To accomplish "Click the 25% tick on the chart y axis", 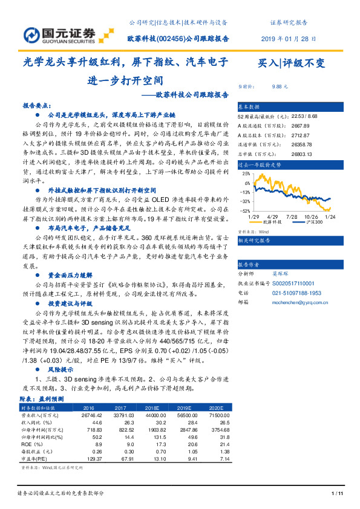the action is tap(246, 172).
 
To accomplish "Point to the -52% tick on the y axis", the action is tap(244, 211).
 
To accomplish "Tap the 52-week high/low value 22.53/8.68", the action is tap(304, 115).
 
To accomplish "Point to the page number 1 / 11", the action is tap(338, 494).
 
